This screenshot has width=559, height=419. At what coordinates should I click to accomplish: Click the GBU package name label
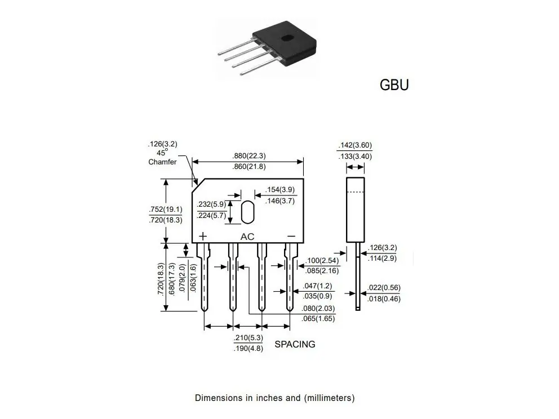coord(394,85)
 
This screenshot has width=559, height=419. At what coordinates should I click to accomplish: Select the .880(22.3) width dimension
coord(249,155)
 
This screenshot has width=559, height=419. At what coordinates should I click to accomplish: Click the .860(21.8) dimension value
coord(249,166)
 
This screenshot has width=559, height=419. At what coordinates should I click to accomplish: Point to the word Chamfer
coord(162,162)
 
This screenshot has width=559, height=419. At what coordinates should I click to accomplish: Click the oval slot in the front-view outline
coord(248,212)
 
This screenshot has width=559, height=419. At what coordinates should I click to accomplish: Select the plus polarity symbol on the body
coord(202,236)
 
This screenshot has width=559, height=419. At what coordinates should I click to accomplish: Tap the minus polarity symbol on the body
coord(291,236)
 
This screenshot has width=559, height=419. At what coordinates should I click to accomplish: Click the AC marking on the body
coord(247,237)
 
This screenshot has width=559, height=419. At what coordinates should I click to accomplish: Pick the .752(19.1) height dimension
coord(166,209)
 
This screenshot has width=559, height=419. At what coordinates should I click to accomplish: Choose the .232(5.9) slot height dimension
coord(211,204)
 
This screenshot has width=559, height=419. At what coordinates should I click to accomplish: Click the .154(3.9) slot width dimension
coord(280,190)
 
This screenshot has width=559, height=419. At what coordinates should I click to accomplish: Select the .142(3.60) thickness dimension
coord(354,145)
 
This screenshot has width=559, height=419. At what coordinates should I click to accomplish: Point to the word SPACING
coord(295,344)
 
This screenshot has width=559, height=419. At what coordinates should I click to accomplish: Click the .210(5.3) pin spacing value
coord(248,337)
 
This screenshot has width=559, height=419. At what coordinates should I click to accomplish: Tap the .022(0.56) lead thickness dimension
coord(384,288)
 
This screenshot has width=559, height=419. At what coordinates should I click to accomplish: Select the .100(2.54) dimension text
coord(322,260)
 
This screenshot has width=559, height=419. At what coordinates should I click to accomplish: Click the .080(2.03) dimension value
coord(318,308)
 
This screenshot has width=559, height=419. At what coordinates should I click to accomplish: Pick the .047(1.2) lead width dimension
coord(317,286)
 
